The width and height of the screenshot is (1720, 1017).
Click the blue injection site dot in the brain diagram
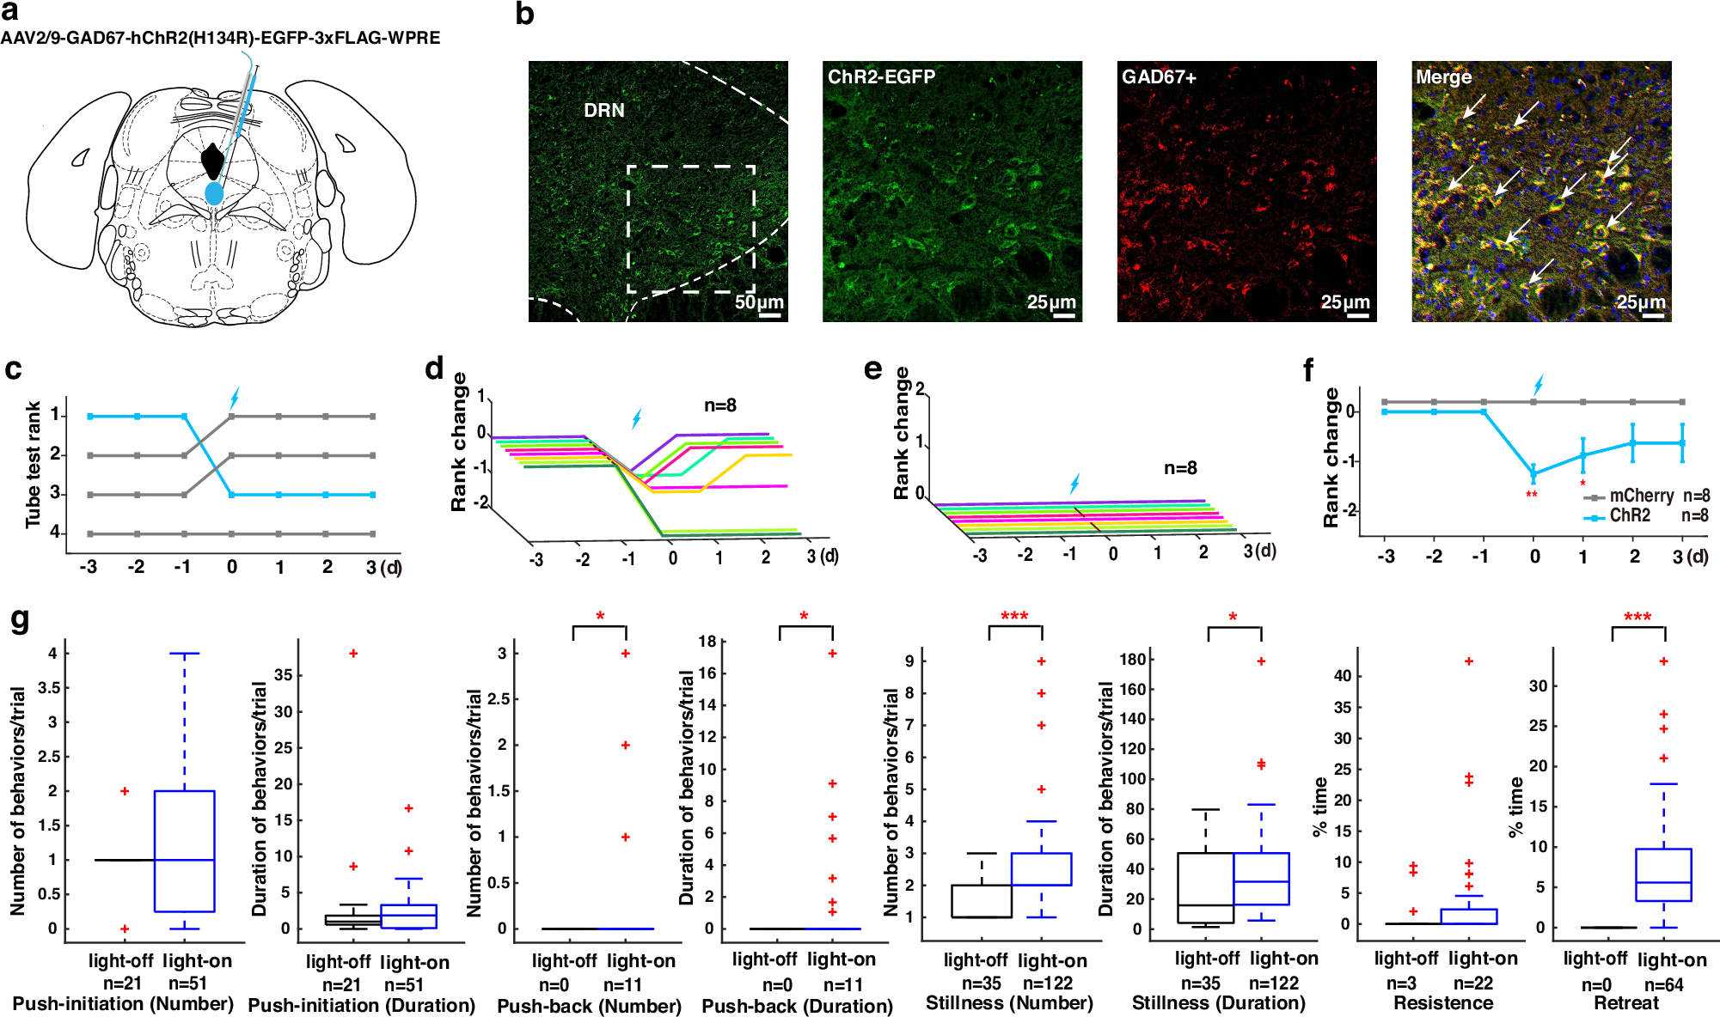tap(214, 193)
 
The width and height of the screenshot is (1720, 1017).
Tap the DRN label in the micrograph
tap(603, 110)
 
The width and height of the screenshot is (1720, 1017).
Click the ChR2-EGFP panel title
tap(881, 76)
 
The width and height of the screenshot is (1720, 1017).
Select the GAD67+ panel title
tap(1159, 76)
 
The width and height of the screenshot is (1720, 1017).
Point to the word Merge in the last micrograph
tap(1443, 76)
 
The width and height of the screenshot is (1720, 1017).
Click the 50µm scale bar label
tap(758, 301)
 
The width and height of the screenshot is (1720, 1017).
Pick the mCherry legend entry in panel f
tap(1640, 496)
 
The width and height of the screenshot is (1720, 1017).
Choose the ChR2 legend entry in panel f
tap(1629, 515)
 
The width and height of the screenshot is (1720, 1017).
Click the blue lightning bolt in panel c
tap(234, 398)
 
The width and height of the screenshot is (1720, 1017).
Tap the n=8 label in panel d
tap(720, 405)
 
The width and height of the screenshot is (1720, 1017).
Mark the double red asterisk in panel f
tap(1531, 495)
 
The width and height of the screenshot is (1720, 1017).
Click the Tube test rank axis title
tap(33, 464)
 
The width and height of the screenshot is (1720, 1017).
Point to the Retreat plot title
tap(1626, 1002)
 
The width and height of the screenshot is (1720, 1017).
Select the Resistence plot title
tap(1443, 1002)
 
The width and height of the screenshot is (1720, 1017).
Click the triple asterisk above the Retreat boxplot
tap(1637, 617)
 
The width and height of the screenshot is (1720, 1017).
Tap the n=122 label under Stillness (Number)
tap(1047, 983)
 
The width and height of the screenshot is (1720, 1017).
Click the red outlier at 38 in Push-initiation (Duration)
tap(352, 654)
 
